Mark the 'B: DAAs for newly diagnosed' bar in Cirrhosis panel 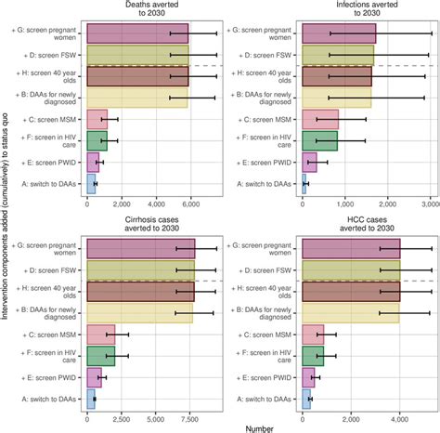click(x=139, y=312)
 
